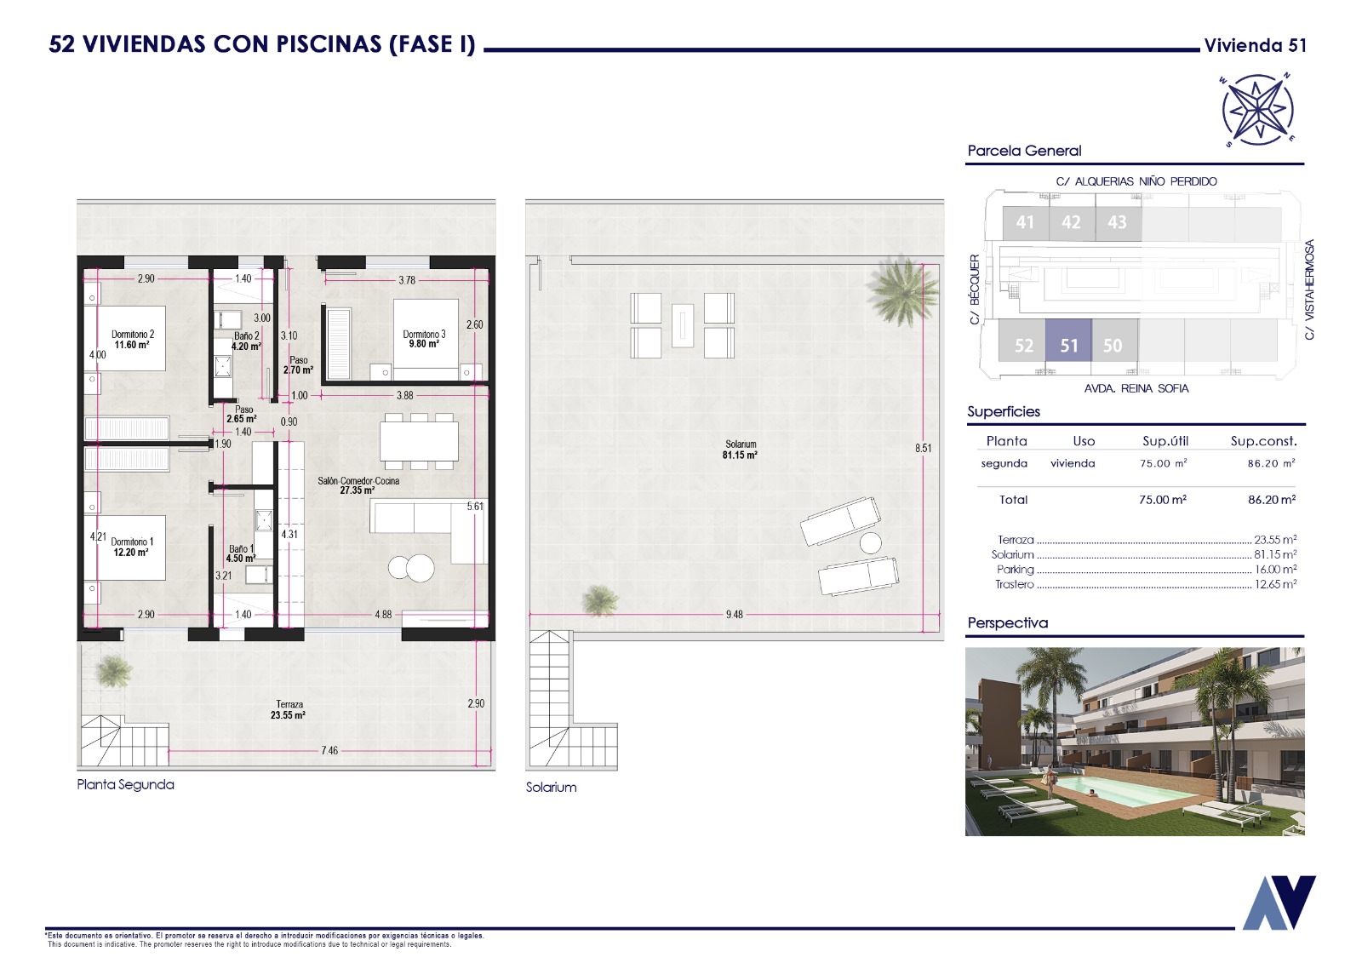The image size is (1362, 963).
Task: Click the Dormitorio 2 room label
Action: pyautogui.click(x=133, y=340)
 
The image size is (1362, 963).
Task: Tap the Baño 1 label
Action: pyautogui.click(x=241, y=553)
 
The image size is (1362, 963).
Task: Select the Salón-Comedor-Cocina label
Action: pyautogui.click(x=358, y=485)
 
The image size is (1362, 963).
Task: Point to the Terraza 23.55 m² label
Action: pyautogui.click(x=289, y=710)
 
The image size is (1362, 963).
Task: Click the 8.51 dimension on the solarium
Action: pyautogui.click(x=923, y=449)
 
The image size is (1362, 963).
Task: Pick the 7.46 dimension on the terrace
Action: pyautogui.click(x=329, y=751)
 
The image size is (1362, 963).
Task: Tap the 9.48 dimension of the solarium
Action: pyautogui.click(x=734, y=615)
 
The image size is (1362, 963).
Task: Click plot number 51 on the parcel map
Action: pyautogui.click(x=1069, y=346)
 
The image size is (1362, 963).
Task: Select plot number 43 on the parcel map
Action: pyautogui.click(x=1117, y=222)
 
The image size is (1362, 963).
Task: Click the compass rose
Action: pyautogui.click(x=1257, y=110)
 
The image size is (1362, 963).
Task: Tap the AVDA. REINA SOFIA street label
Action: pyautogui.click(x=1136, y=388)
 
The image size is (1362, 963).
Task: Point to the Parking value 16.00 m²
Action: pyautogui.click(x=1276, y=570)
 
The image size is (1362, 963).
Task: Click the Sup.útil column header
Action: pyautogui.click(x=1165, y=441)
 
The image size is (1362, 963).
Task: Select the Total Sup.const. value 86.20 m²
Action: pyautogui.click(x=1272, y=500)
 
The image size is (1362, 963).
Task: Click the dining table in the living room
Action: pyautogui.click(x=420, y=441)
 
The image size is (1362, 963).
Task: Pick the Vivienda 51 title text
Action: pyautogui.click(x=1255, y=46)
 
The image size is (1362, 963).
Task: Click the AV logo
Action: pyautogui.click(x=1279, y=903)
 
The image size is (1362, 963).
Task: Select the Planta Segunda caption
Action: pyautogui.click(x=125, y=784)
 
